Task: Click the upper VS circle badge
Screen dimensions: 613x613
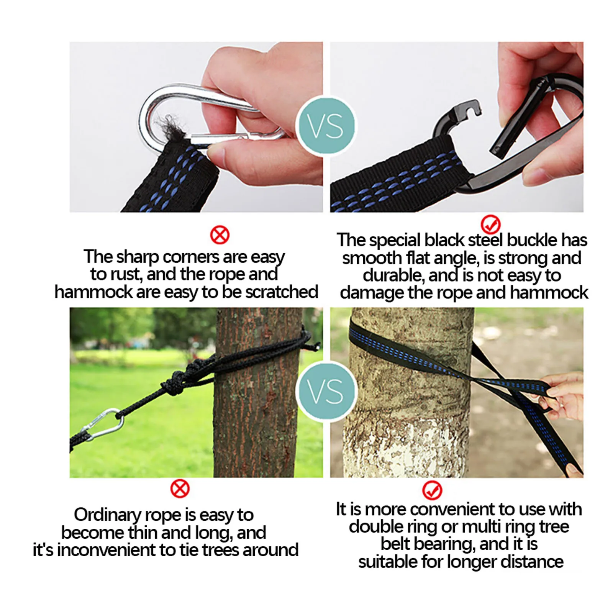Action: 326,126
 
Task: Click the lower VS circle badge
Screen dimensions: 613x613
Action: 326,391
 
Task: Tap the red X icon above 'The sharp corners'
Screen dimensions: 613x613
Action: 220,235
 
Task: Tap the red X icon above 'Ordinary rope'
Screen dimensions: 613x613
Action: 180,488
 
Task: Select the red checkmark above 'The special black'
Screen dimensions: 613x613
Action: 490,224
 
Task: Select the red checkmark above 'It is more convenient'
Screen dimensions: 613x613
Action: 432,490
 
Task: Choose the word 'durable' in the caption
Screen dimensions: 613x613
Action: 392,275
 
